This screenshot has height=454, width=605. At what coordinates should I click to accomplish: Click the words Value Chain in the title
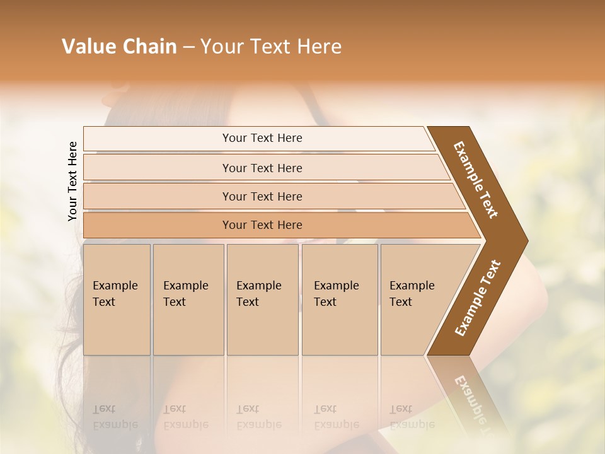click(119, 47)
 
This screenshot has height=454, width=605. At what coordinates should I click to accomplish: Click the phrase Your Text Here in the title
click(271, 47)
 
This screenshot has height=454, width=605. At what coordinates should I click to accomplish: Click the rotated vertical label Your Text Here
click(72, 181)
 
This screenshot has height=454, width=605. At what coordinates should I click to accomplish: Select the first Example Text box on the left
click(117, 300)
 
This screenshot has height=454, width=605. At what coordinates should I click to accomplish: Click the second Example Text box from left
click(188, 300)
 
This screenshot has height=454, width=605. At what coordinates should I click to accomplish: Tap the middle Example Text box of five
click(262, 300)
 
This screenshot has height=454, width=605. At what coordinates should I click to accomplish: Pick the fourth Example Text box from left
click(340, 300)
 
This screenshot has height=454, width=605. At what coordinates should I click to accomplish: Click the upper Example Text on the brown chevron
click(476, 180)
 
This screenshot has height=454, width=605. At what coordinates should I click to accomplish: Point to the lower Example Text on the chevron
click(478, 298)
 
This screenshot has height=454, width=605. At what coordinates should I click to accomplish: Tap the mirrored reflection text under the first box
click(115, 417)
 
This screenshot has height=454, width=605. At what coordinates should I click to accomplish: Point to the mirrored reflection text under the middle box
click(259, 417)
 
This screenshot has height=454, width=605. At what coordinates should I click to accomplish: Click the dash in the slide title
click(188, 47)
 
